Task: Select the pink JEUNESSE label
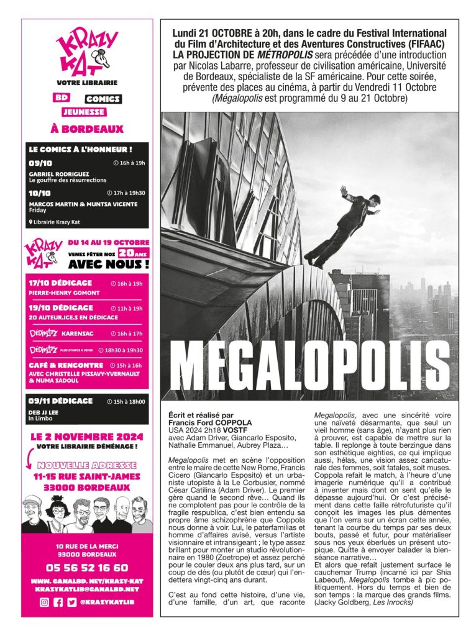click(x=83, y=112)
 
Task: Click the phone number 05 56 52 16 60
click(x=87, y=568)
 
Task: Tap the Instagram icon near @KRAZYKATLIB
click(x=44, y=602)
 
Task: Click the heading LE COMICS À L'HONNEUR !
click(x=80, y=150)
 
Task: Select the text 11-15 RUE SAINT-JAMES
click(x=87, y=476)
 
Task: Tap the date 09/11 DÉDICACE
click(x=60, y=401)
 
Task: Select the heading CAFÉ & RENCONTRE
click(x=66, y=365)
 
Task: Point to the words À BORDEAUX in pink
click(x=87, y=129)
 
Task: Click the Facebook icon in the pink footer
click(x=58, y=602)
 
